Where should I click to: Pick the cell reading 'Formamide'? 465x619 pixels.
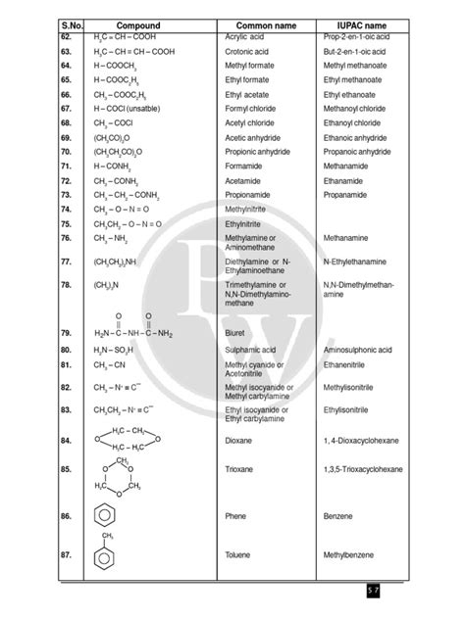[244, 168]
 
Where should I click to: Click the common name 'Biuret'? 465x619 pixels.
[235, 333]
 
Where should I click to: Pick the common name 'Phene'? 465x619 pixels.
[236, 515]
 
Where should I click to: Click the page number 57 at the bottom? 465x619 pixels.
[428, 590]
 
